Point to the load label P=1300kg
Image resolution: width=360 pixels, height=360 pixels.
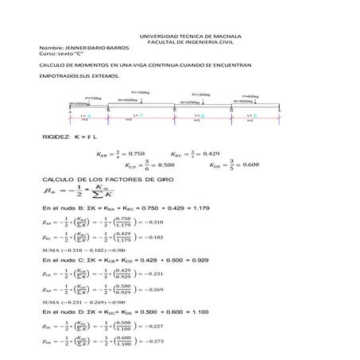141,92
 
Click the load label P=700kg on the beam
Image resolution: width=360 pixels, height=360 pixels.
92,98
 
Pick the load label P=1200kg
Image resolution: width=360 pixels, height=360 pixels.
199,95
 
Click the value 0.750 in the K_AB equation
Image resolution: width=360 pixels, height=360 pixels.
137,154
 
